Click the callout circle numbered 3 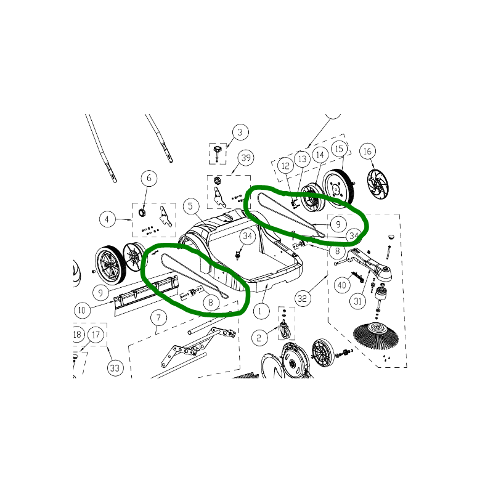point(240,132)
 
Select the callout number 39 point(246,158)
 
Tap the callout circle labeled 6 point(149,178)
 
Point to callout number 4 point(107,219)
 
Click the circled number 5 point(190,206)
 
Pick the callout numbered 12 point(285,166)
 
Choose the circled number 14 point(320,155)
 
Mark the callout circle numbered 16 point(367,151)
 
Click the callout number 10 point(82,311)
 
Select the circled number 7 point(158,318)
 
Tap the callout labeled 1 point(259,312)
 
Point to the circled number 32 point(303,298)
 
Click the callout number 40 point(342,285)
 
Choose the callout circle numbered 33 point(115,368)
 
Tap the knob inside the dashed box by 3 point(217,150)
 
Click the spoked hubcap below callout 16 point(378,184)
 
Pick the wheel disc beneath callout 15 point(339,188)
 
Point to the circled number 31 point(358,301)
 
